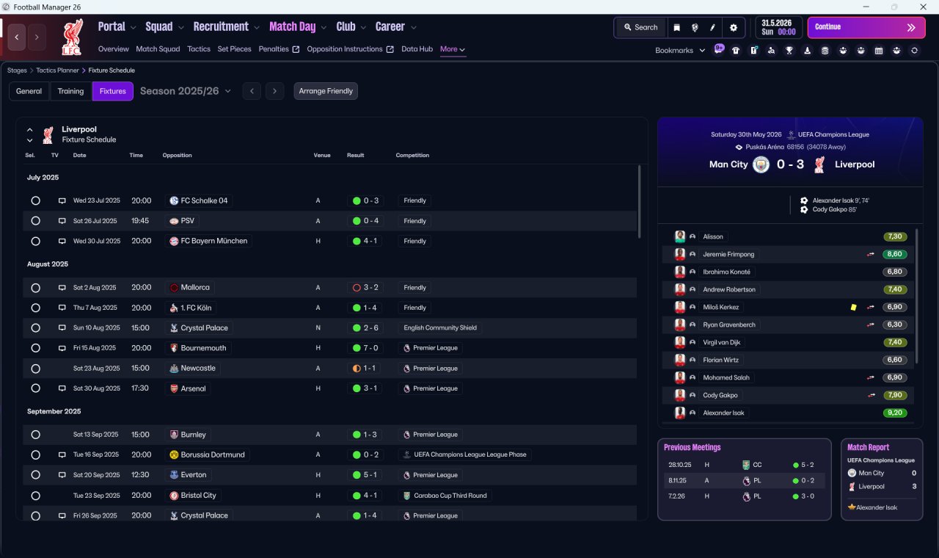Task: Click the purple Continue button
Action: coord(866,27)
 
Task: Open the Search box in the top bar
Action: coord(640,27)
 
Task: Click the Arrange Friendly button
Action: coord(326,91)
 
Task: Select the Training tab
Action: coord(70,91)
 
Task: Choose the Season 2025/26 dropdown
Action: coord(186,91)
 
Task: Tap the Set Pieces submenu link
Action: coord(234,49)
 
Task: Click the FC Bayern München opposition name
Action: coord(213,241)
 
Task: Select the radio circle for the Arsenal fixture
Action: coord(36,388)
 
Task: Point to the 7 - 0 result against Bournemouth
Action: coord(365,348)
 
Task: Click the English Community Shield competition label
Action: coord(440,327)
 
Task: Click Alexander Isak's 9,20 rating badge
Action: coord(894,413)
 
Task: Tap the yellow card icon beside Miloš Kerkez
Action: coord(853,307)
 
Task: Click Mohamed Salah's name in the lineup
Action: coord(726,377)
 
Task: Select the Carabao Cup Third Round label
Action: coord(450,496)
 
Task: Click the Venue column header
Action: coord(322,155)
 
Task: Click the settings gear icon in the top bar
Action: coord(733,28)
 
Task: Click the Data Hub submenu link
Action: coord(417,49)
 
